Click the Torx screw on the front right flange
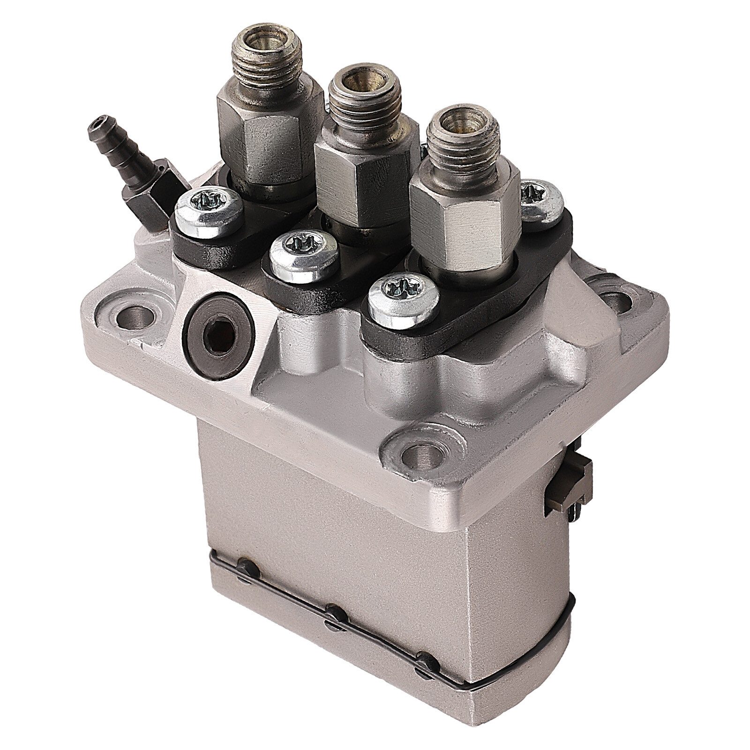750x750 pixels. point(404,296)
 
